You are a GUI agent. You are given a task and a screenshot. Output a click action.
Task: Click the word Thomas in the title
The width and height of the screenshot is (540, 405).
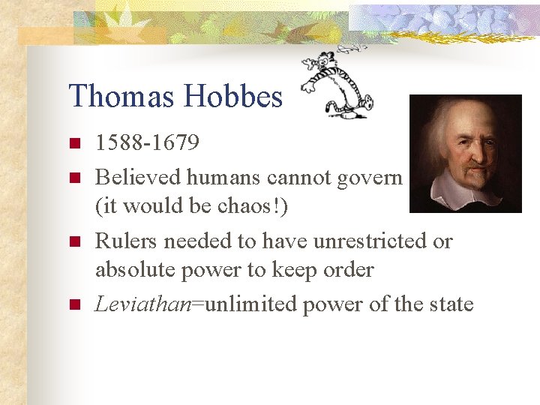point(120,96)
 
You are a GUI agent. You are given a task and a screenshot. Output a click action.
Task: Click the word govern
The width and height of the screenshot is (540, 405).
point(369,177)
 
